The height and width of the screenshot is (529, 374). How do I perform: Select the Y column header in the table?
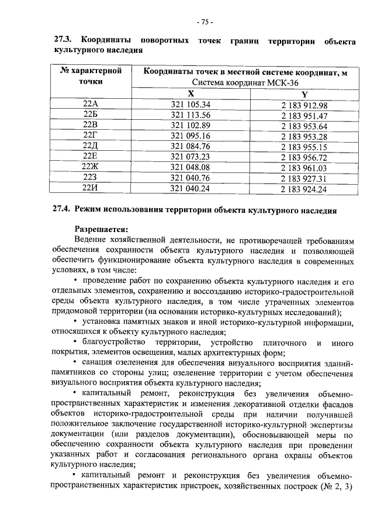(304, 95)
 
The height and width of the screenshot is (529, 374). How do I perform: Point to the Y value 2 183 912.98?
(304, 106)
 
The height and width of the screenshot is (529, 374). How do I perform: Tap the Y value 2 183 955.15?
(304, 147)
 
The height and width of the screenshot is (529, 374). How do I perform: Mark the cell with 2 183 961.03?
(304, 168)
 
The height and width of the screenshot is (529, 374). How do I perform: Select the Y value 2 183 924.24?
(304, 189)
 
